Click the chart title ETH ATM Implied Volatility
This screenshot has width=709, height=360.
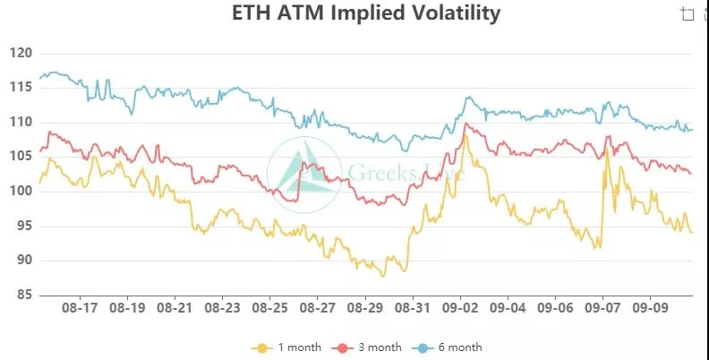(365, 13)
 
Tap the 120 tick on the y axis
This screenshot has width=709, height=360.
(22, 54)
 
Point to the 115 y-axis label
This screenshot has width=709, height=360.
(22, 88)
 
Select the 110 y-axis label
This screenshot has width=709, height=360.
(22, 123)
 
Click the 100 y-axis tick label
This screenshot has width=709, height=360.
(22, 192)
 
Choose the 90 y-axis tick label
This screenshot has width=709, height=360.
(22, 261)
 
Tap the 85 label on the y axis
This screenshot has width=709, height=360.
(22, 296)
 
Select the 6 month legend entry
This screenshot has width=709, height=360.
(448, 347)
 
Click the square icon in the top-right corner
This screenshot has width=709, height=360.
(688, 13)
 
